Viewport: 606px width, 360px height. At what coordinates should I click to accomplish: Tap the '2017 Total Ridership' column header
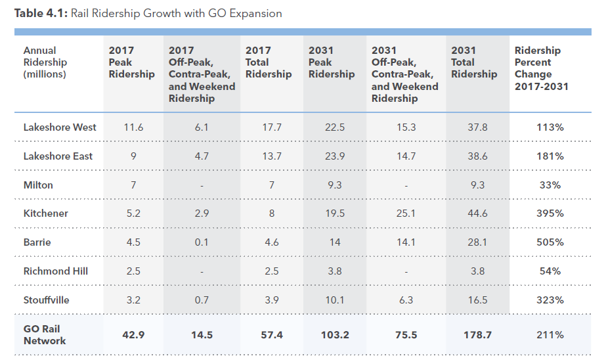tap(269, 62)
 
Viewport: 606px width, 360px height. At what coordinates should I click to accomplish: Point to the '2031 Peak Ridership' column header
tap(332, 62)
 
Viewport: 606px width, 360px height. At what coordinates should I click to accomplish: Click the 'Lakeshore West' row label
tap(60, 127)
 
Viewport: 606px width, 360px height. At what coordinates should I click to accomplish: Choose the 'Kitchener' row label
tap(46, 214)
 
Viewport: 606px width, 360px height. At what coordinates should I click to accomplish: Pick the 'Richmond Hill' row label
tap(56, 271)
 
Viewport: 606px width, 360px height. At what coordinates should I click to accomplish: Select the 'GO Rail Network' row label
tap(45, 335)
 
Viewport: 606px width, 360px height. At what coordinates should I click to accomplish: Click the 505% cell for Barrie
tap(550, 242)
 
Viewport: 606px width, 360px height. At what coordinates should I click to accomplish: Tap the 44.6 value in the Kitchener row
tap(477, 214)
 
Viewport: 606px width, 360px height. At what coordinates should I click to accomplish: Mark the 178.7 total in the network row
tap(477, 335)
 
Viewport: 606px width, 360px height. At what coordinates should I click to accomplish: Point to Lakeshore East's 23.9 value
tap(335, 156)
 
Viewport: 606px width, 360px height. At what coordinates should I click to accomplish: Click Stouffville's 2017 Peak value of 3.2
tap(133, 300)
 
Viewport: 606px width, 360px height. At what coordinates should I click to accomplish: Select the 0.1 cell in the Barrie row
tap(202, 242)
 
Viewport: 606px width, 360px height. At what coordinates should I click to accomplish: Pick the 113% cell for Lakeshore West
tap(550, 127)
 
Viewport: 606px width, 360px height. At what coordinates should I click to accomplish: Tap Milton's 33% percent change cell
tap(550, 185)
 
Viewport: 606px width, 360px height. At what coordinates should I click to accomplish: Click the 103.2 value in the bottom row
tap(335, 335)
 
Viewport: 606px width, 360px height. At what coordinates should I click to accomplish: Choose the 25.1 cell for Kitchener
tap(406, 214)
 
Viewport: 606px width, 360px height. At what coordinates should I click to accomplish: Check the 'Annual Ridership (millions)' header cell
tap(45, 62)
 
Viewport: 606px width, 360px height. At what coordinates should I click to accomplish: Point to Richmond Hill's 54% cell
tap(550, 271)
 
